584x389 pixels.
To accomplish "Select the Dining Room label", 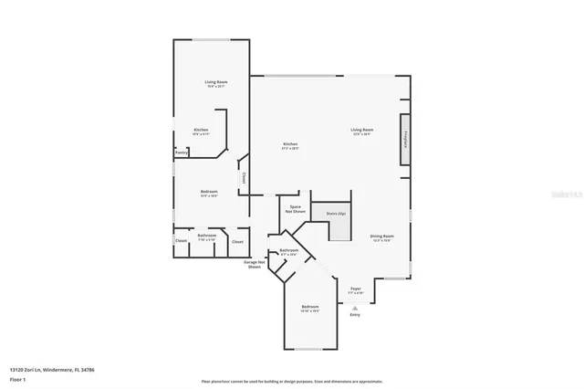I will point(381,237).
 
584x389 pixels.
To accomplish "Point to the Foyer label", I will point(356,289).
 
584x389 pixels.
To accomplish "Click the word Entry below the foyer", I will point(354,315).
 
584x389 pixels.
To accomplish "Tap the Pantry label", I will point(182,152).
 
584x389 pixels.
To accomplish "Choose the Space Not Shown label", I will point(296,209).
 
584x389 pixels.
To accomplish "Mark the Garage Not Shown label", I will point(255,265).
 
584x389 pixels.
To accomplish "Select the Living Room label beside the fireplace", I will point(362,130).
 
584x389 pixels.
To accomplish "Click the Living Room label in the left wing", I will point(215,82).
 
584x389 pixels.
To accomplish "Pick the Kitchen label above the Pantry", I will point(201,130).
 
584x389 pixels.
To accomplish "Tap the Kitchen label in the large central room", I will point(290,144).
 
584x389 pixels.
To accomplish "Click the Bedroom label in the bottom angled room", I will point(310,307).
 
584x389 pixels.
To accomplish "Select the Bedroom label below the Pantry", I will point(209,192).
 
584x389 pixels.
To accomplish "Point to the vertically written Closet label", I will point(244,178).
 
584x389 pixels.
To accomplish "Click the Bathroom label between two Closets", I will point(207,236).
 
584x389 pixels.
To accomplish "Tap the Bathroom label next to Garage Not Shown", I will point(289,250).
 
